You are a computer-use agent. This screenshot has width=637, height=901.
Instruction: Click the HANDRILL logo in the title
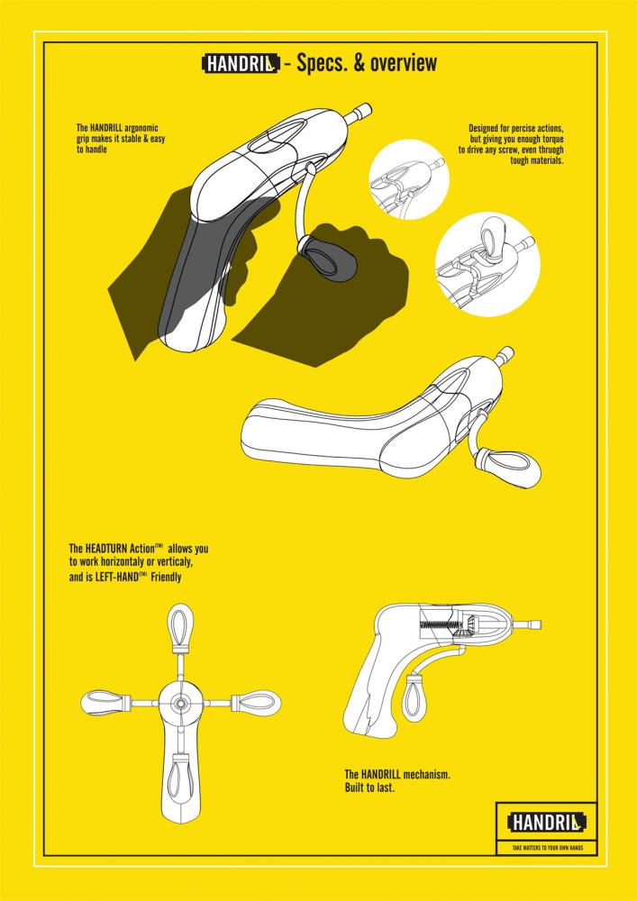[241, 64]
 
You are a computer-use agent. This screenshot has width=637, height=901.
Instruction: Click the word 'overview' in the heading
[404, 63]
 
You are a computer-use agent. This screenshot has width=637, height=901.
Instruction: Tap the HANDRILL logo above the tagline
[546, 823]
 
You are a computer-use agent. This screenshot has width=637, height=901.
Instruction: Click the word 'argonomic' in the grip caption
[141, 128]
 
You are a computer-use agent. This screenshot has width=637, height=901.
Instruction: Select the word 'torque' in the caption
[551, 140]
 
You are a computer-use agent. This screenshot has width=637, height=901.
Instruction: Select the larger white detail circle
[487, 264]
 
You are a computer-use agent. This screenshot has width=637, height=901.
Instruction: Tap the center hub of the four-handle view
[181, 703]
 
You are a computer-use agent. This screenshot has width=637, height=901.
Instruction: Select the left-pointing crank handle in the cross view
[107, 703]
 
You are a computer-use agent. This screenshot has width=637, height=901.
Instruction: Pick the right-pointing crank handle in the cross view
[256, 702]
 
